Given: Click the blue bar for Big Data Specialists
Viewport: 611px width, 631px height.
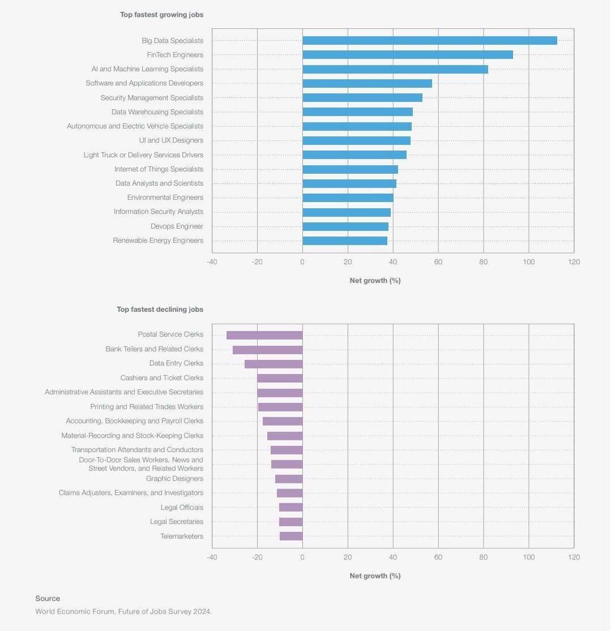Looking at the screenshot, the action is pyautogui.click(x=430, y=41).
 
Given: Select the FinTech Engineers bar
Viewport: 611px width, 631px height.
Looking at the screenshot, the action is pyautogui.click(x=408, y=55).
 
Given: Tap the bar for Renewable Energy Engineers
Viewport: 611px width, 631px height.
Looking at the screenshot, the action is pyautogui.click(x=345, y=241).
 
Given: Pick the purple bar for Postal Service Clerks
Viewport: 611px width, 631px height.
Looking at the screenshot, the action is pyautogui.click(x=264, y=335).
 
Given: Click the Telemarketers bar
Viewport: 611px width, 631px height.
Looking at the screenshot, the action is pyautogui.click(x=291, y=536).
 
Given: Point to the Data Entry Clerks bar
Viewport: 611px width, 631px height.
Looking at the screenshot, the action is pyautogui.click(x=274, y=364).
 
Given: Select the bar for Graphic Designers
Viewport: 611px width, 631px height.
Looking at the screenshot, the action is pyautogui.click(x=289, y=479).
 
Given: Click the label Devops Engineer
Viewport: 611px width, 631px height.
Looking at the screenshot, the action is pyautogui.click(x=177, y=226).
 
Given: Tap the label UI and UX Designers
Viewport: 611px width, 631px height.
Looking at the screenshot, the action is pyautogui.click(x=171, y=140).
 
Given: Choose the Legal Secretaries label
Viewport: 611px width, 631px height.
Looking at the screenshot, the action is pyautogui.click(x=177, y=522).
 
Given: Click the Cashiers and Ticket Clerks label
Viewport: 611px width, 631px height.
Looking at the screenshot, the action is pyautogui.click(x=161, y=378).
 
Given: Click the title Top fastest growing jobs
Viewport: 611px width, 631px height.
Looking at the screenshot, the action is pyautogui.click(x=161, y=15).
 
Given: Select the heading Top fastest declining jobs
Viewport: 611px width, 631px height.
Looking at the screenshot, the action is pyautogui.click(x=160, y=310).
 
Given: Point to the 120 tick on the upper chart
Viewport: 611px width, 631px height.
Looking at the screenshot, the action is pyautogui.click(x=574, y=262).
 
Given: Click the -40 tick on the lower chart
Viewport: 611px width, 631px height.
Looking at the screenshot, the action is pyautogui.click(x=212, y=557).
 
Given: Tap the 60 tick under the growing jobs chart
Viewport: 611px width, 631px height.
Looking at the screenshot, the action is pyautogui.click(x=438, y=262).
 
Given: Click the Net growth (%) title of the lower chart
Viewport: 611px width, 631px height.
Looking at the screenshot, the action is pyautogui.click(x=375, y=576).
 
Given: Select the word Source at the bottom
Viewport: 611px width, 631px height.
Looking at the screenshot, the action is pyautogui.click(x=48, y=598).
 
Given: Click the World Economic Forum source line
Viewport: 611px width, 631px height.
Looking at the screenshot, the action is pyautogui.click(x=123, y=611).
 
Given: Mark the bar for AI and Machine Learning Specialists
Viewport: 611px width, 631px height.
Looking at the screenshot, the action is pyautogui.click(x=395, y=69).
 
